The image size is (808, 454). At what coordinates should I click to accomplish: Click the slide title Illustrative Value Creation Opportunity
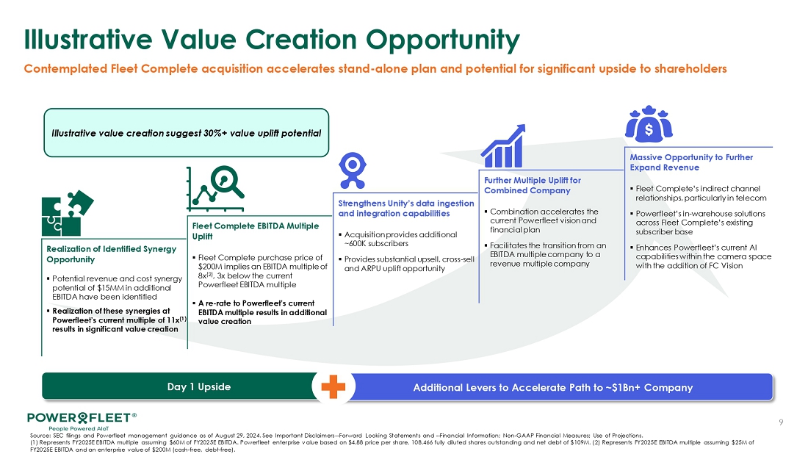click(272, 40)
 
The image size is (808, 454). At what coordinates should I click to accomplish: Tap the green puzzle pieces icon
click(68, 213)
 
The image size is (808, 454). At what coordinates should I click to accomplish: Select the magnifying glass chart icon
click(215, 189)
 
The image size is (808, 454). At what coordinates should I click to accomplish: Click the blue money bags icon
click(649, 123)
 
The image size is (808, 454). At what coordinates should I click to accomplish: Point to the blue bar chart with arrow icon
click(503, 146)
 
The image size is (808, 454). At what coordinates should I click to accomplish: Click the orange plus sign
click(333, 386)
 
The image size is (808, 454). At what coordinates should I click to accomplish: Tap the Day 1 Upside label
click(199, 386)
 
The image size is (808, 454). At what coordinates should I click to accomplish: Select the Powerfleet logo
click(82, 420)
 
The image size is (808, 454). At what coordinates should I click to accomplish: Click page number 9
click(782, 422)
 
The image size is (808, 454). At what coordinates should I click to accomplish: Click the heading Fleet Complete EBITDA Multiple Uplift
click(256, 231)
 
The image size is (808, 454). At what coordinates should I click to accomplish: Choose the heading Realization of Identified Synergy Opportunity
click(112, 254)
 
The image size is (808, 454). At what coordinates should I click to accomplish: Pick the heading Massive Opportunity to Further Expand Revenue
click(691, 162)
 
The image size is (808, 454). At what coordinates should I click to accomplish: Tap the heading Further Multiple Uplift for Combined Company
click(533, 185)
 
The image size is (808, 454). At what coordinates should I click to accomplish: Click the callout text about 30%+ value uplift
click(186, 134)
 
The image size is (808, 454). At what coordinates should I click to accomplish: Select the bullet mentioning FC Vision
click(701, 256)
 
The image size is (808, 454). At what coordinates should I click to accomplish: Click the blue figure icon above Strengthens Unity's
click(353, 170)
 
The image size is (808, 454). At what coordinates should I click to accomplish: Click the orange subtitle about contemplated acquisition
click(375, 68)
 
